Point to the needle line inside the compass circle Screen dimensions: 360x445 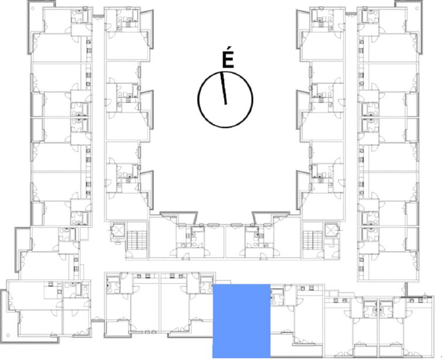(224, 90)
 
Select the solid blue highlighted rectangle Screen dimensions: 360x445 (241, 321)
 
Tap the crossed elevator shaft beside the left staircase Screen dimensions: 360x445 (117, 230)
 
